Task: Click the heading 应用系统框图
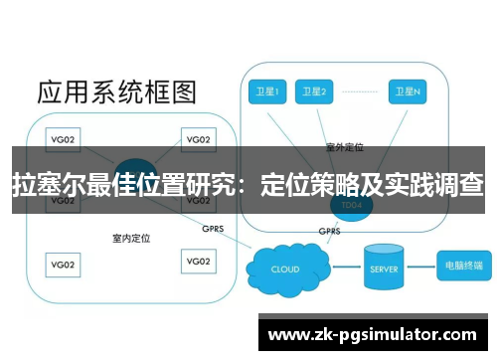pos(116,92)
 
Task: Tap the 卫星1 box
pos(265,91)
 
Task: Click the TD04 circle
pos(350,203)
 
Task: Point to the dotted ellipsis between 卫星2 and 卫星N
pos(359,91)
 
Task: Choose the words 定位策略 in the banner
pos(307,185)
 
